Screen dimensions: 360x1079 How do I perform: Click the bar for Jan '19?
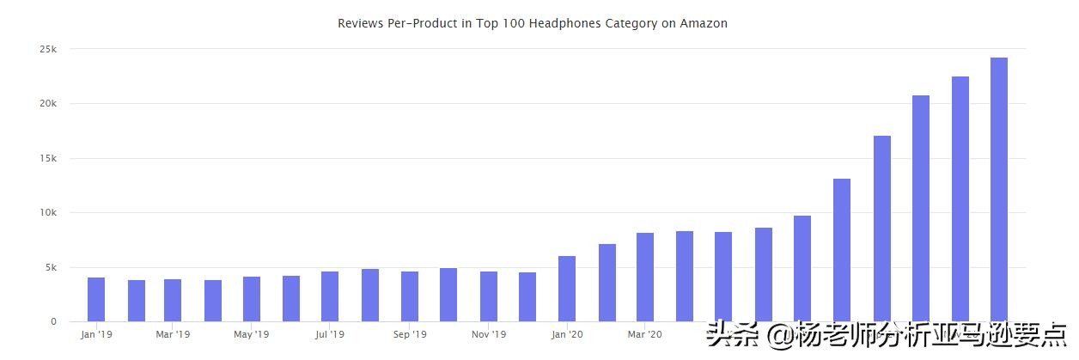tap(96, 299)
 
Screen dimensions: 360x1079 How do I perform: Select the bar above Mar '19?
tap(173, 300)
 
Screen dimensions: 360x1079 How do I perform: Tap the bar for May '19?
tap(252, 299)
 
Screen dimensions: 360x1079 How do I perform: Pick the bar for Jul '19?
tap(330, 296)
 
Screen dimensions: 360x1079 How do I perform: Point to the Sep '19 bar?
tap(409, 296)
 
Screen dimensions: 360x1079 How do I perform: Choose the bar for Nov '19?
tap(489, 296)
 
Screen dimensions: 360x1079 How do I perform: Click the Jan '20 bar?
tap(567, 289)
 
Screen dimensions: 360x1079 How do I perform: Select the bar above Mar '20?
tap(645, 277)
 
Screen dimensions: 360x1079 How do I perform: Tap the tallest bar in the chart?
tap(999, 189)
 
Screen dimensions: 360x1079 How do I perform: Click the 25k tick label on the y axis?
tap(48, 49)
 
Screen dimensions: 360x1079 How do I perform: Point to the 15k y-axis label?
tap(48, 158)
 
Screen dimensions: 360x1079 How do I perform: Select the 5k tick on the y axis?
tap(51, 267)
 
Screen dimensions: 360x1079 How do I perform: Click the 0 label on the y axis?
tap(53, 322)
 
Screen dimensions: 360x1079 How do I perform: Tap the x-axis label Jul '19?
tap(330, 334)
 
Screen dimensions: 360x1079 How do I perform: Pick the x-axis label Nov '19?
tap(489, 334)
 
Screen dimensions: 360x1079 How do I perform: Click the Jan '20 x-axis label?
tap(567, 334)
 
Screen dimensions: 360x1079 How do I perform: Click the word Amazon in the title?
tap(704, 23)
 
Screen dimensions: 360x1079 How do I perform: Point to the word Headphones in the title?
tap(559, 23)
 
